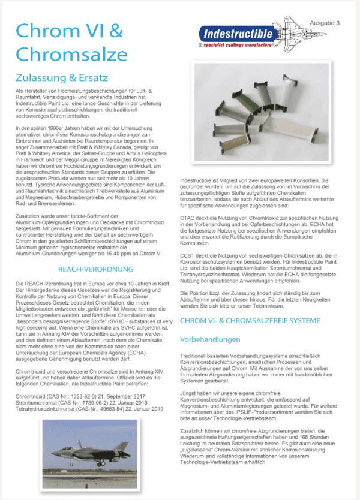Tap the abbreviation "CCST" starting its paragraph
tap(187, 256)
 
